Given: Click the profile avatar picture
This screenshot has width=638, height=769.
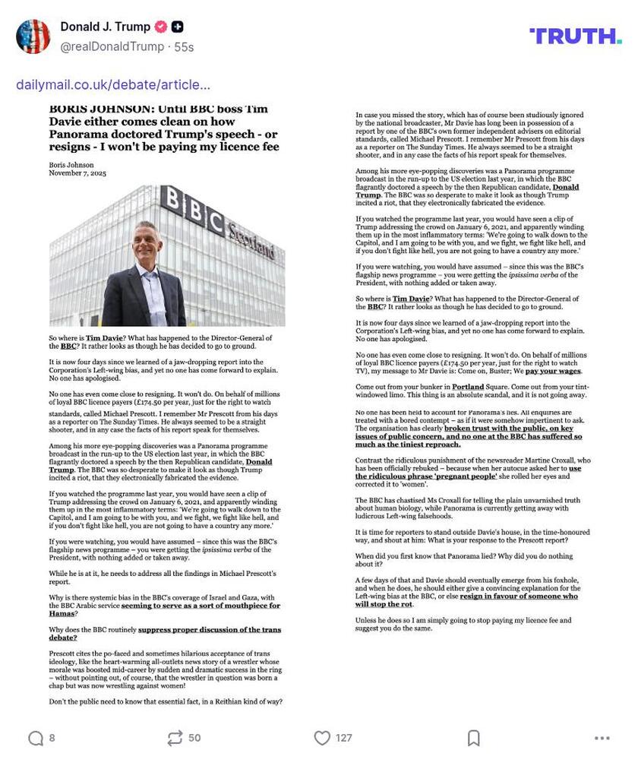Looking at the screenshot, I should pos(33,36).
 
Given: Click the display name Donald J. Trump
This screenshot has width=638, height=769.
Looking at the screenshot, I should pos(105,27).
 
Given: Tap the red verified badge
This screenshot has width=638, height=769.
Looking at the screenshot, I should pos(160,27).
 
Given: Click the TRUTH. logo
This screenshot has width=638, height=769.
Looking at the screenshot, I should pos(575,36).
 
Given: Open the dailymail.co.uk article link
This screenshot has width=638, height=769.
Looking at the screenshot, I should pos(113,84).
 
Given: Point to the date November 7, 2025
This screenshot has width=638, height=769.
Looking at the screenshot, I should pos(77,173).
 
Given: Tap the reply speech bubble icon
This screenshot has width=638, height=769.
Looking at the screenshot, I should pos(35,738).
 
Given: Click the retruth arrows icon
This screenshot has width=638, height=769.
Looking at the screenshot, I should pos(175,738).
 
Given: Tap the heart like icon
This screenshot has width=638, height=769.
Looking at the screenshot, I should pos(322,738).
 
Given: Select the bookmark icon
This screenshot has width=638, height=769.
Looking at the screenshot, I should pos(473,738).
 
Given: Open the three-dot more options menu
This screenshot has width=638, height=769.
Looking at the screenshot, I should pos(602,738).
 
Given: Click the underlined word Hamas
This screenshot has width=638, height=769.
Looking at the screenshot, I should pos(62,613).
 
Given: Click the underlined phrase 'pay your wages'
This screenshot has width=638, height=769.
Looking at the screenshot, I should pos(553,371).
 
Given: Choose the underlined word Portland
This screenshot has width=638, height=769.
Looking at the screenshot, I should pos(467,387).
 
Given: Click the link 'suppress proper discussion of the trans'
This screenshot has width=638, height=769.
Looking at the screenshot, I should pos(209,629).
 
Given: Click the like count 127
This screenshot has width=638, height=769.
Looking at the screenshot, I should pos(344,738).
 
